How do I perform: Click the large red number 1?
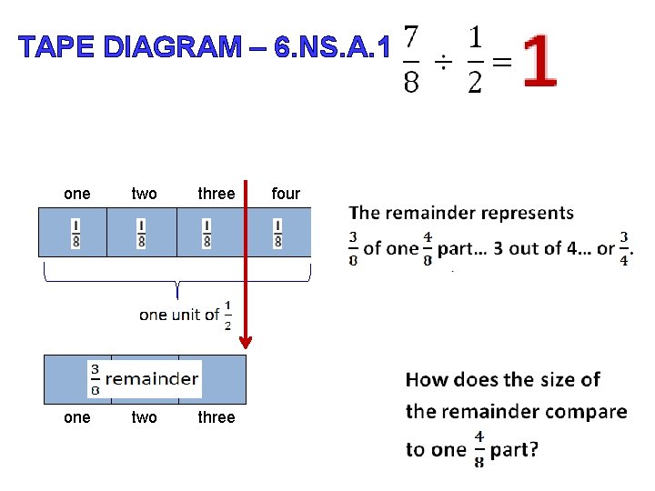click(540, 62)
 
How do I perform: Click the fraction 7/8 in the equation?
click(411, 60)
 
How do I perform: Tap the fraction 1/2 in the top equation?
click(475, 60)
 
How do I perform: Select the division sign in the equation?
click(443, 62)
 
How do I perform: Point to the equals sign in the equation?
click(501, 62)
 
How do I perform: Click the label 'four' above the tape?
click(286, 193)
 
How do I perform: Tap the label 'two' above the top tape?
click(144, 193)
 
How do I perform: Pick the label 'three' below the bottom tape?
click(217, 417)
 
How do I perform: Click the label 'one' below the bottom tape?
click(76, 417)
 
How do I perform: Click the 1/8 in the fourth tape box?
click(277, 233)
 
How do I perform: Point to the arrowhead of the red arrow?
click(245, 342)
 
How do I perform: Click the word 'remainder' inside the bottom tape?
click(152, 379)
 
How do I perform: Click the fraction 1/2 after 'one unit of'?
click(227, 315)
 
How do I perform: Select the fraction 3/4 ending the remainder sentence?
click(624, 248)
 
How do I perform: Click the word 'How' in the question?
click(427, 379)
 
